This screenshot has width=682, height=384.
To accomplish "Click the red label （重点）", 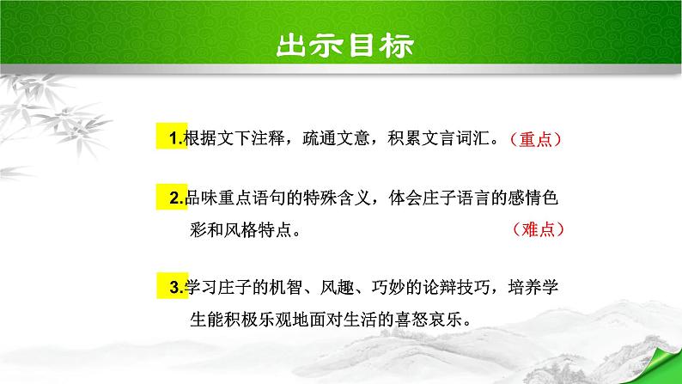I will [x=536, y=140].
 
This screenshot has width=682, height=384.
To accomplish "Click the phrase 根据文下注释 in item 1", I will [x=224, y=137].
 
